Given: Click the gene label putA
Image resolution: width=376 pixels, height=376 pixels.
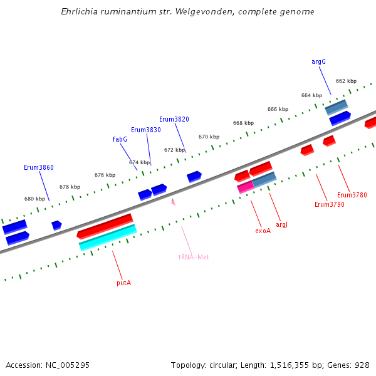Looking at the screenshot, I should coord(123,283).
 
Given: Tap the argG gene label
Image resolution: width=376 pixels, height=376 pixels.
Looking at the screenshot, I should coord(318,62).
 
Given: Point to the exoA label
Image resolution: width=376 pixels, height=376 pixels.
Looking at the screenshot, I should coord(263,231).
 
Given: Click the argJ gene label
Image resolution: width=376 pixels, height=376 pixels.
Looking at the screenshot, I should coord(281,224).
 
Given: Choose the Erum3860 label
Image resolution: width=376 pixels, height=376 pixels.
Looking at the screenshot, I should coord(39,167).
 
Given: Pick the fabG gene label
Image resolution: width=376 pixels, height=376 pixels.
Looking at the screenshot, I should coord(120,139).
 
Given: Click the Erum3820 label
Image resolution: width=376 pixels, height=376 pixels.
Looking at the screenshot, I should coord(174,119).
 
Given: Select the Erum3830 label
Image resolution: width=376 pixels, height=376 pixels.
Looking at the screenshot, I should coord(145,130).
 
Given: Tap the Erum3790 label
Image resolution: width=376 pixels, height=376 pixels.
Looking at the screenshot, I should coord(329,204).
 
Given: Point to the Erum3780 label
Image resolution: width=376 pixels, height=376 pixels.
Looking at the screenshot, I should coord(352,195).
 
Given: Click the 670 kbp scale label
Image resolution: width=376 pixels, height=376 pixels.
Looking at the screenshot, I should coord(209,137).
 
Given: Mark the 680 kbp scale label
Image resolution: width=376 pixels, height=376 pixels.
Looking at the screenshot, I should coord(34,199).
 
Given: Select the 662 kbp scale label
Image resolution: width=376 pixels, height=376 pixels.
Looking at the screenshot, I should coord(346,81).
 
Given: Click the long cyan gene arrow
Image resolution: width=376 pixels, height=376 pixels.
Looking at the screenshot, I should coord(108,238).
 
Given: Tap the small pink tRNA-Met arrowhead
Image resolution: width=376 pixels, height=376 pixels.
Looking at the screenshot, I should coord(173,202).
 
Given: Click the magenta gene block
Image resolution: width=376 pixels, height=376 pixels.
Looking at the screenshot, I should coord(245,187).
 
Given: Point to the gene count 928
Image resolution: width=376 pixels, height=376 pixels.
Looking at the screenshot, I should coord(362,365).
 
